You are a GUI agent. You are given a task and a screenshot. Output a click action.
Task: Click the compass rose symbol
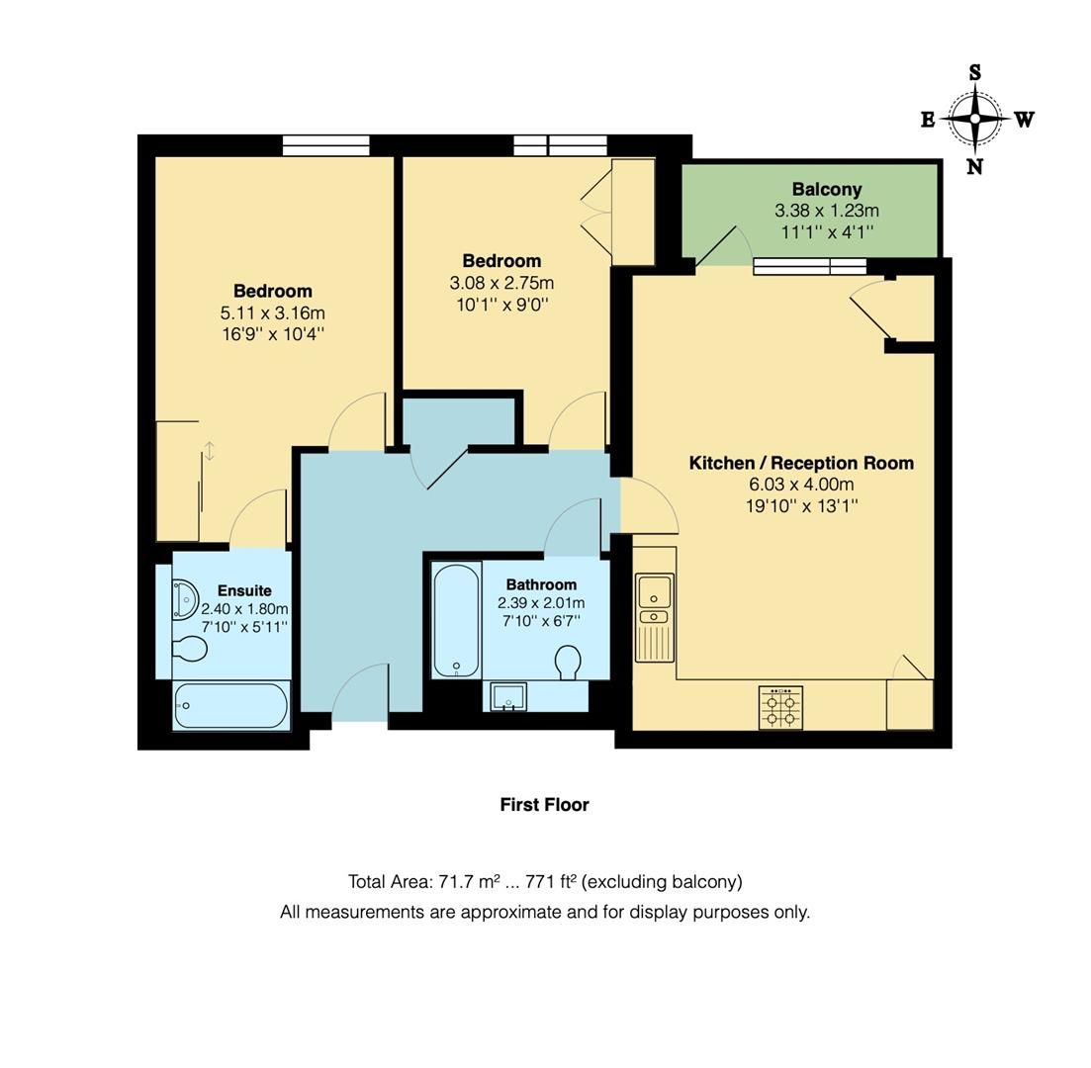coord(975,119)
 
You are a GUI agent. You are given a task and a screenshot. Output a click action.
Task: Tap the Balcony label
coord(826,189)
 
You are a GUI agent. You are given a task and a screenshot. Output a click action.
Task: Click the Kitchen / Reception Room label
coord(801,463)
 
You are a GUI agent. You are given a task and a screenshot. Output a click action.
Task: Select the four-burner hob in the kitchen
coord(780,708)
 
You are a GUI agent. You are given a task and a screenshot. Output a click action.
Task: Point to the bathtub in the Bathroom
coord(457,620)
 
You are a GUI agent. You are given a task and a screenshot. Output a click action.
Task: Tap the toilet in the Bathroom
coord(568,662)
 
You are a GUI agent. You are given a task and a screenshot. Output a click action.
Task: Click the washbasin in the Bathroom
coord(509,696)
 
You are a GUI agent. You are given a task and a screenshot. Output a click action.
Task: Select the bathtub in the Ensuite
coord(231,706)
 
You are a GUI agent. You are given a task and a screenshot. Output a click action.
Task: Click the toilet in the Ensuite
coord(189,649)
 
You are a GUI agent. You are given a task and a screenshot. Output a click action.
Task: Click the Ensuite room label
coord(244,590)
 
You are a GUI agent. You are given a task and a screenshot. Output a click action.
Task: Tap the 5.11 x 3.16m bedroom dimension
coord(273,312)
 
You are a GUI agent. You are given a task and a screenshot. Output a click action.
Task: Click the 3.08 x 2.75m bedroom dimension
coord(501,283)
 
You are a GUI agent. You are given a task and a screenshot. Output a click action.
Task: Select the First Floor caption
coord(544,805)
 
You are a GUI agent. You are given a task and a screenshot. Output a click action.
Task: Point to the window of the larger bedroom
coord(325,145)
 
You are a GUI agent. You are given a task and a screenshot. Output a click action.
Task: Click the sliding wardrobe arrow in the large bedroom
coord(210,452)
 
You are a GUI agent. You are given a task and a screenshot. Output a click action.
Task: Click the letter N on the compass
coord(974,166)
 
